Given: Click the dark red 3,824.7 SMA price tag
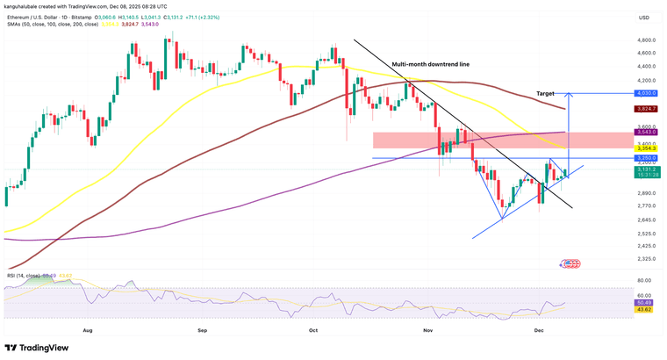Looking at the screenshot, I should (646, 109).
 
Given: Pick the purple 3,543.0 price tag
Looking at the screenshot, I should (646, 133).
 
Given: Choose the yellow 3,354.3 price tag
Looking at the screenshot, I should (646, 150).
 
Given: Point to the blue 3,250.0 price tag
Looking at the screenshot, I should (646, 158).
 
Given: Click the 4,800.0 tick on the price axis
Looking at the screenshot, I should (647, 40).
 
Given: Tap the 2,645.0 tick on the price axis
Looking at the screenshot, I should (647, 220).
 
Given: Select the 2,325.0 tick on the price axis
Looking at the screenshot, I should (647, 258).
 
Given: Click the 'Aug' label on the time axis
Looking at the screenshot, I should (87, 332).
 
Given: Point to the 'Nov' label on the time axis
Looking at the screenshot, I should (428, 332).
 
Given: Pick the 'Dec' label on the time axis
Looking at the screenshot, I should (542, 332).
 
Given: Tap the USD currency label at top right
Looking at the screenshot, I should (644, 17).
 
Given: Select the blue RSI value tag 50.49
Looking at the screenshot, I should (646, 303).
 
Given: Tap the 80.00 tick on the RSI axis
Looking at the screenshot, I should (647, 288).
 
